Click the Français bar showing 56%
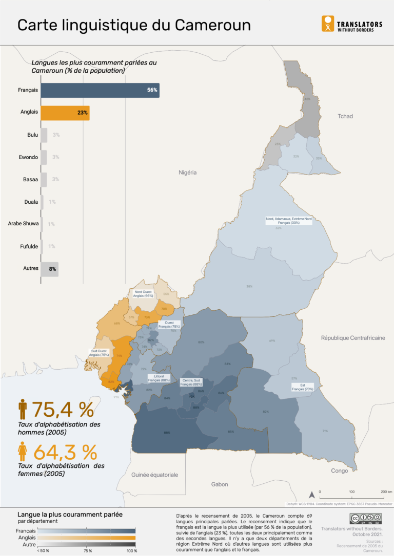point(100,90)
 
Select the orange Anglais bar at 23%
point(65,113)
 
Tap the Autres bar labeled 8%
point(49,268)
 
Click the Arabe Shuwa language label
point(23,224)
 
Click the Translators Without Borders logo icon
point(328,24)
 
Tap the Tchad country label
point(345,116)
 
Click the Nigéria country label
point(188,173)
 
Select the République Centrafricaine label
point(353,338)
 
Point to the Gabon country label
point(220,484)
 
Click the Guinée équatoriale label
point(154,475)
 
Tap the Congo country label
point(339,471)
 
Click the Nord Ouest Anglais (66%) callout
point(144,293)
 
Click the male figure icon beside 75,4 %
point(23,410)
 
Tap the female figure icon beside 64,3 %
point(23,452)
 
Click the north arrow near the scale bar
point(311,495)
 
